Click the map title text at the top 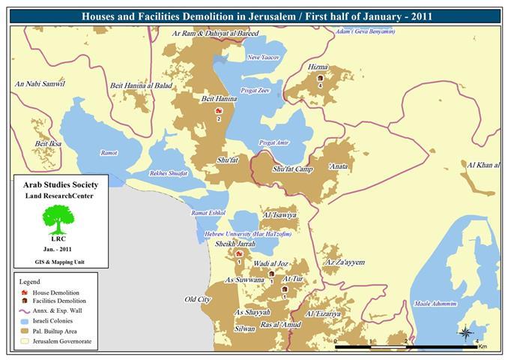click(x=254, y=14)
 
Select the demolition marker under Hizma click(x=320, y=77)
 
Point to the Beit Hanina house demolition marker click(x=218, y=110)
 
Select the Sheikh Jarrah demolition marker click(x=238, y=253)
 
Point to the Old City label click(x=198, y=299)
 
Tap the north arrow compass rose click(x=465, y=332)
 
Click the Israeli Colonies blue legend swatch click(x=25, y=320)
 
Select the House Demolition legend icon click(x=25, y=292)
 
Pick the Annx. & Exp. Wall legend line click(x=25, y=310)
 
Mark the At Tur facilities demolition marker click(x=285, y=289)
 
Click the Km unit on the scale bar click(x=483, y=347)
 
